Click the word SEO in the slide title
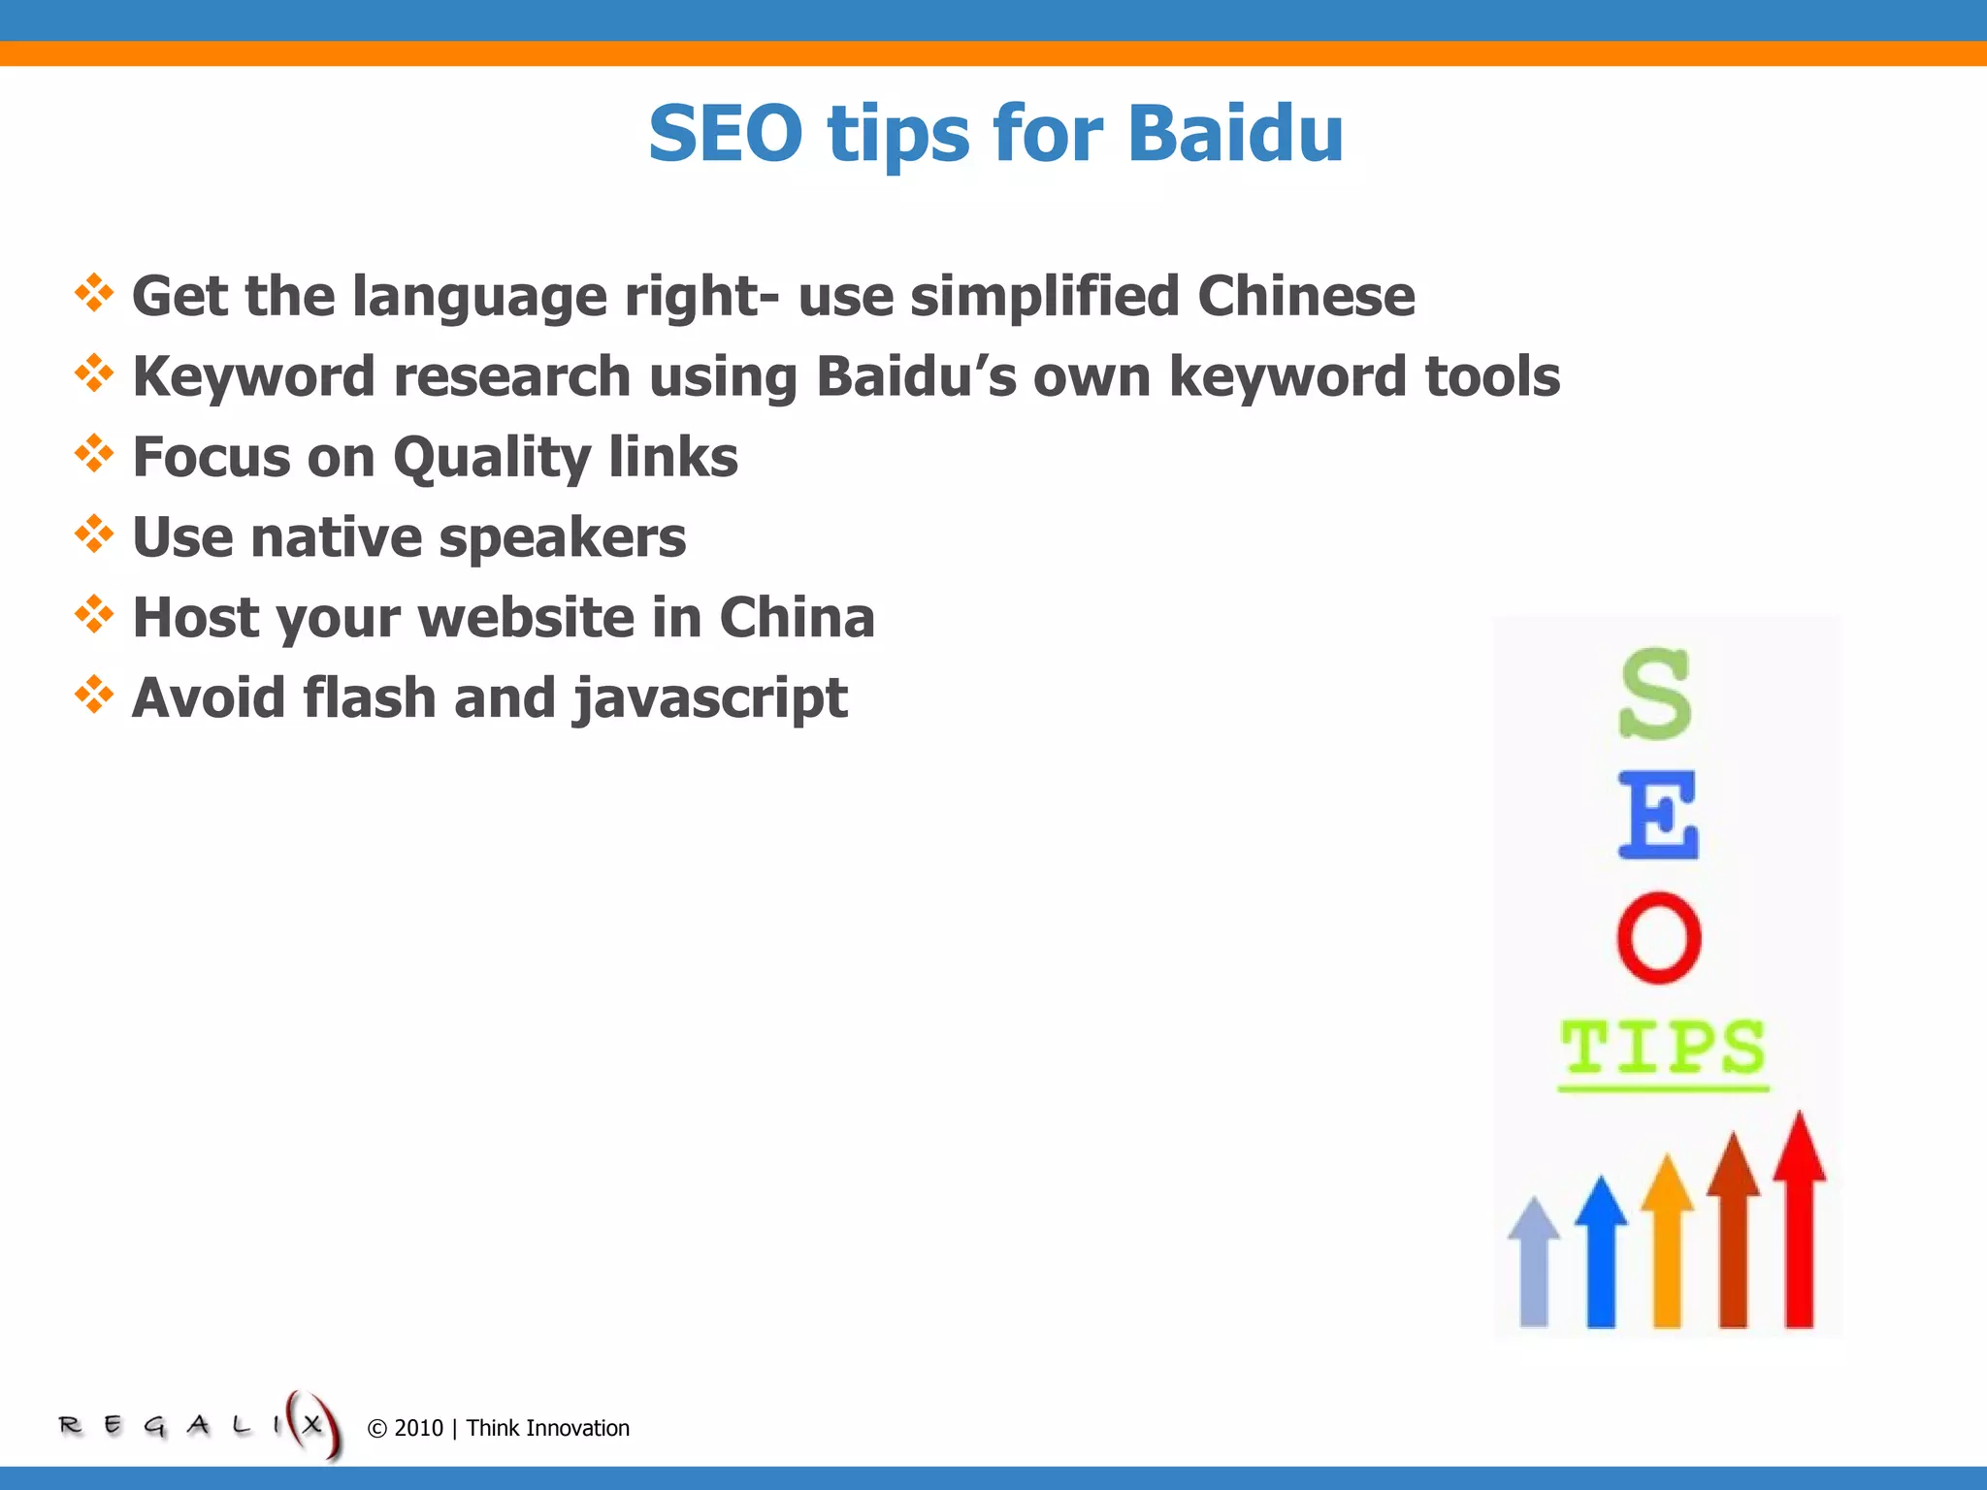click(726, 134)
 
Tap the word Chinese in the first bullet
click(1306, 296)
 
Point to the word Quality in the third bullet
click(492, 458)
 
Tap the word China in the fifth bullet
click(797, 618)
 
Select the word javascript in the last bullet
click(709, 699)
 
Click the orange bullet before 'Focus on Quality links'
click(94, 453)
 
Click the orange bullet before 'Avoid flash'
click(94, 695)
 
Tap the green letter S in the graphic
click(1655, 695)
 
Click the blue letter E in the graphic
click(1658, 816)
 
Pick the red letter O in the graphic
click(1659, 938)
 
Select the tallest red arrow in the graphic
click(1800, 1222)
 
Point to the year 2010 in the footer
click(418, 1428)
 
